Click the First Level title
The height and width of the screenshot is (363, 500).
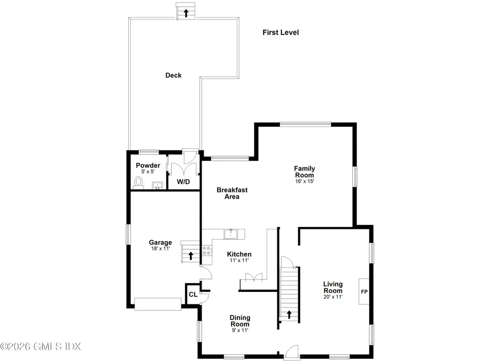pos(281,32)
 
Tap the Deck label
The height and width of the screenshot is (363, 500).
pos(173,75)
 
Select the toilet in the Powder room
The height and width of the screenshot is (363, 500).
pos(138,183)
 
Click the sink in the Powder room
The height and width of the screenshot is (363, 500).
pos(157,185)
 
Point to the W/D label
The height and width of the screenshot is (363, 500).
pos(184,181)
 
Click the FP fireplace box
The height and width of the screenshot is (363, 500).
pos(364,292)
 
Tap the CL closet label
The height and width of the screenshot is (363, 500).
pos(193,295)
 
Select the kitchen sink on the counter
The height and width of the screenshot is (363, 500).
pos(230,234)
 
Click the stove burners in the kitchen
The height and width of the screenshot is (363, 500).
pos(207,250)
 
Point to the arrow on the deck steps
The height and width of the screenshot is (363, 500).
pos(186,13)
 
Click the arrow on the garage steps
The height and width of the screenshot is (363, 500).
pos(191,256)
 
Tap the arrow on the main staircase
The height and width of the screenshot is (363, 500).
pos(289,315)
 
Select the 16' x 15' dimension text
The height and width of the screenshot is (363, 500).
pos(305,181)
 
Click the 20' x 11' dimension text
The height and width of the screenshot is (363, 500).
pos(333,297)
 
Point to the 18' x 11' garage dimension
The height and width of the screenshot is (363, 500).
pos(160,248)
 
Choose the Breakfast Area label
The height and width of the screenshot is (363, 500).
pos(232,193)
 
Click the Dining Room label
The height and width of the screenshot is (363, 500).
pos(240,321)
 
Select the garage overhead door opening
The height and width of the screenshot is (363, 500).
pos(158,304)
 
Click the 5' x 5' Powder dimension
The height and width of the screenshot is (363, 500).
pos(148,171)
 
